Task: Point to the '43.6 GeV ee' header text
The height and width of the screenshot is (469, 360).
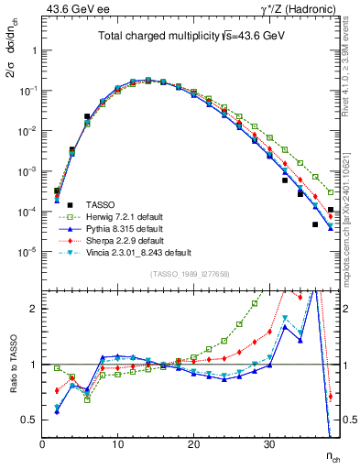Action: pyautogui.click(x=71, y=8)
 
